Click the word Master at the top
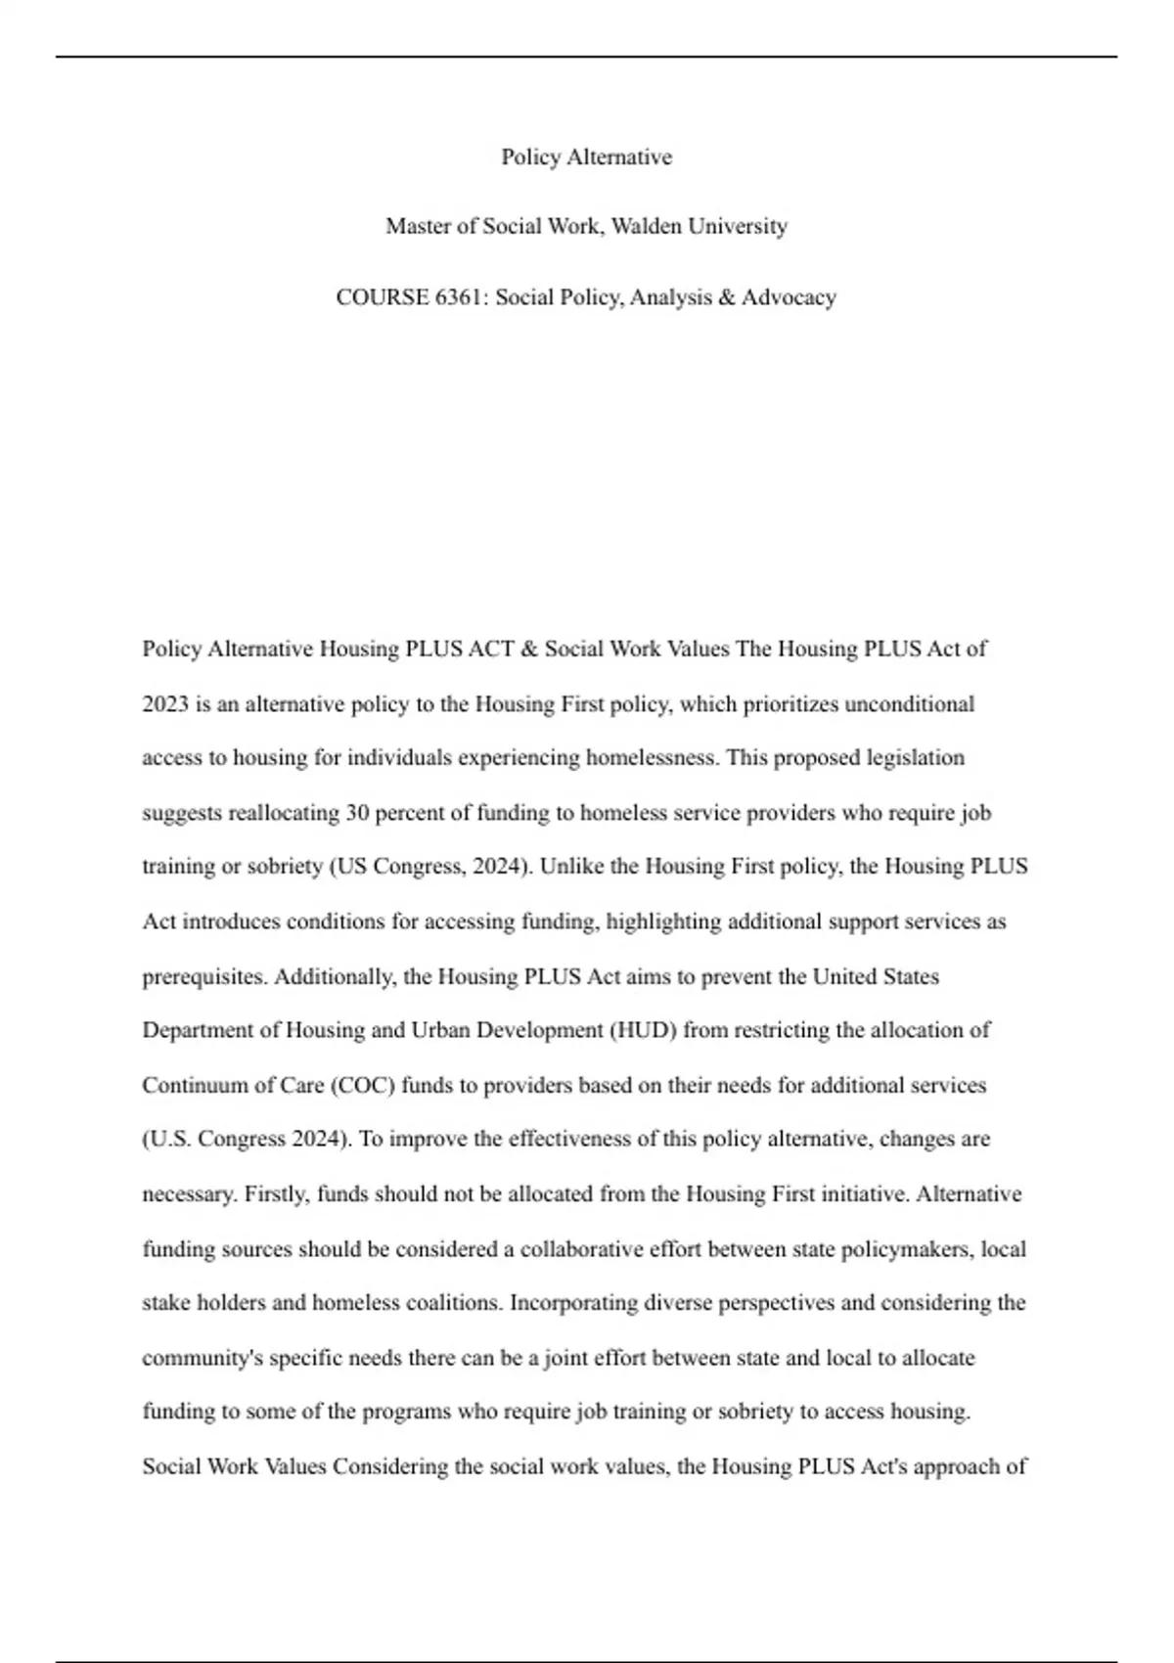click(418, 226)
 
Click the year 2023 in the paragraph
click(165, 704)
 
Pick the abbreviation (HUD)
click(644, 1030)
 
